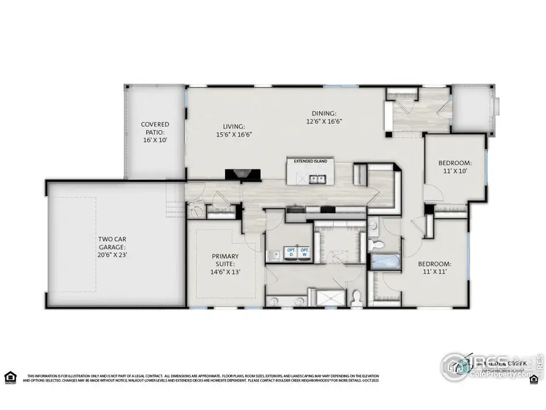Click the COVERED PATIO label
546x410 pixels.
pos(155,132)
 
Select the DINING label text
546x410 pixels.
pos(323,112)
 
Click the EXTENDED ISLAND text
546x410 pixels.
pos(311,162)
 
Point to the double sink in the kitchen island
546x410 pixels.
pos(317,179)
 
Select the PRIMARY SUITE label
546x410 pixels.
pos(225,264)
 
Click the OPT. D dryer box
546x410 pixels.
pos(291,253)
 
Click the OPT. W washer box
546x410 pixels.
pos(305,253)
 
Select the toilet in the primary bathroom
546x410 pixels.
pos(357,297)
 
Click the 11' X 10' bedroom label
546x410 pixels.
pos(454,168)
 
